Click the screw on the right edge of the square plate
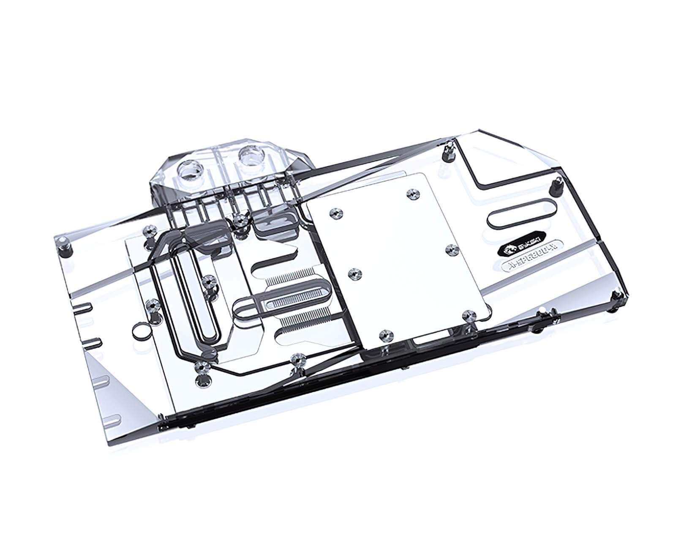tap(450, 249)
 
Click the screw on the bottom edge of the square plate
tap(384, 335)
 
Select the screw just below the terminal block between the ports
tap(240, 220)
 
